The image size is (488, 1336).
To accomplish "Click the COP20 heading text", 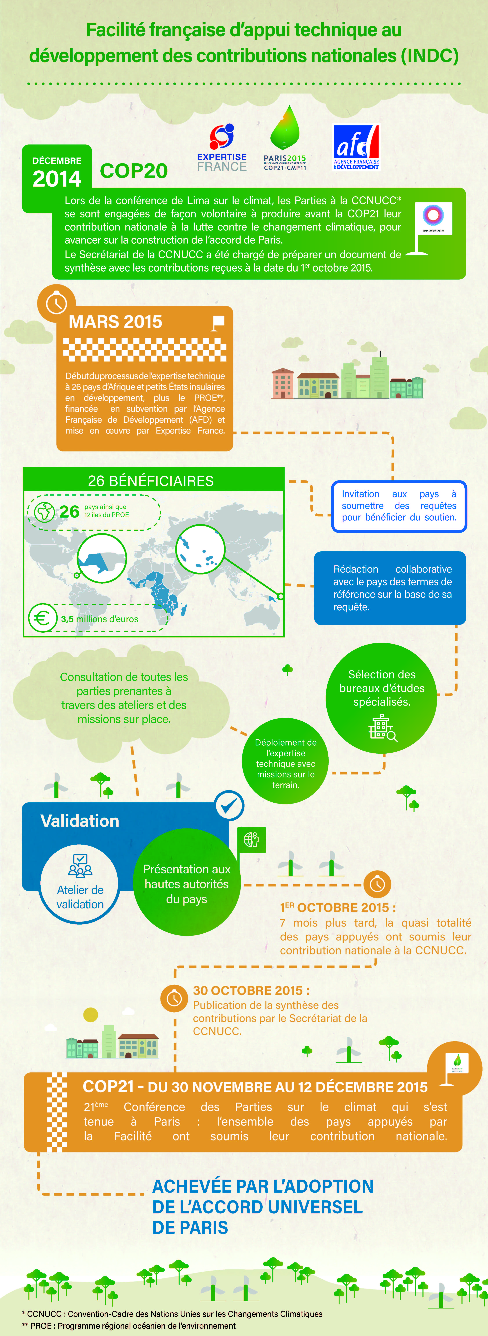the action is tap(134, 171).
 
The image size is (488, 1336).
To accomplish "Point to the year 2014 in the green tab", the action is tap(57, 179).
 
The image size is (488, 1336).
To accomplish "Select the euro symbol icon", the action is tap(43, 618).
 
